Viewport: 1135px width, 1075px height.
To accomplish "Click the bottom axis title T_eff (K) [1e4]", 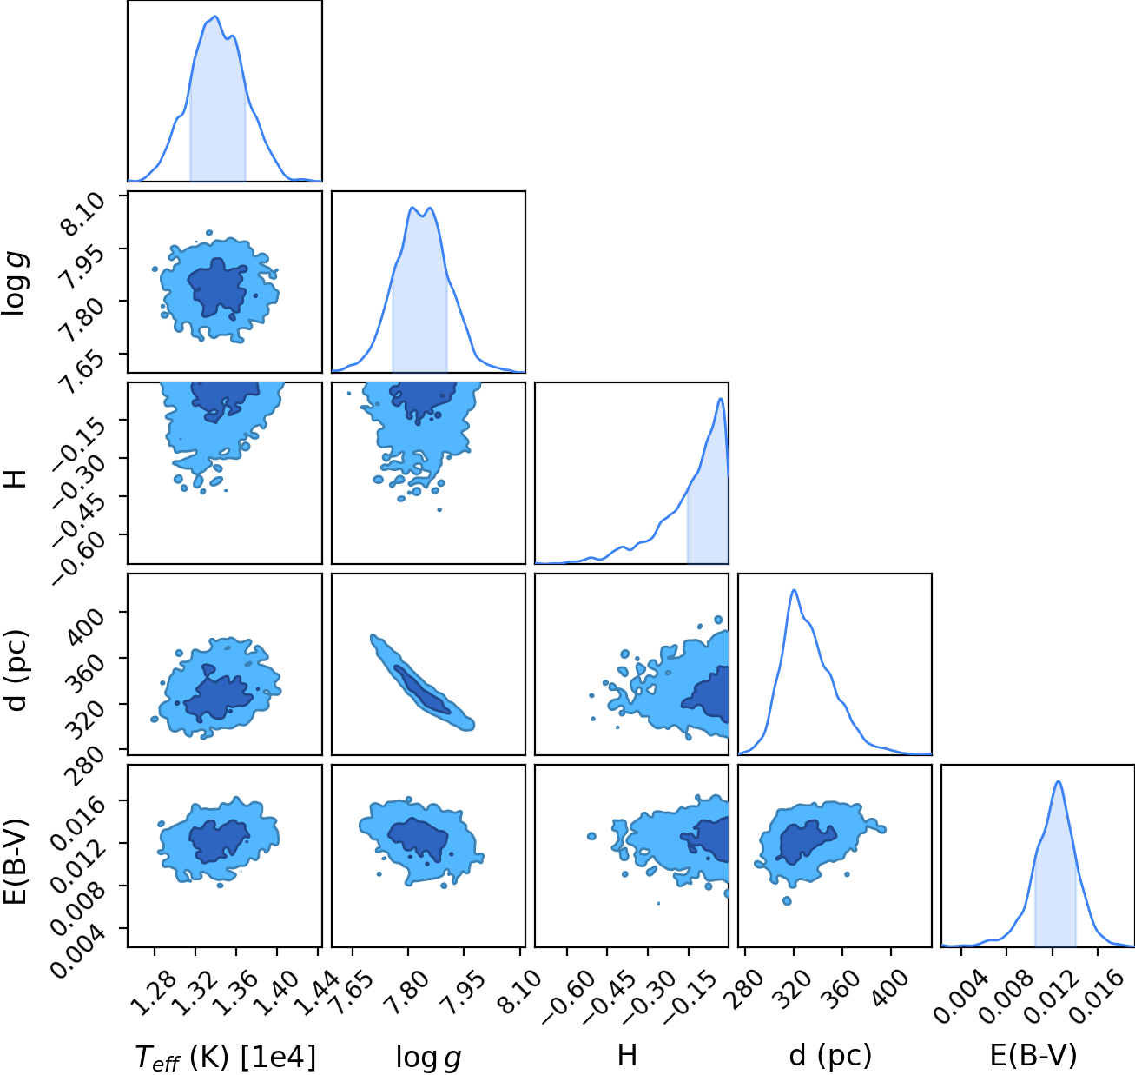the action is click(226, 1057).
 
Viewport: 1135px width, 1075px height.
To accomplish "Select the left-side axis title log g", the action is click(15, 284).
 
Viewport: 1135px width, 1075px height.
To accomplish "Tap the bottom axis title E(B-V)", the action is click(1033, 1055).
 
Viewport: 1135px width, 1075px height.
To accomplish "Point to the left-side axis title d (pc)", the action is click(16, 669).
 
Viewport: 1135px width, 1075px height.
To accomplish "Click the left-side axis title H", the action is click(16, 479).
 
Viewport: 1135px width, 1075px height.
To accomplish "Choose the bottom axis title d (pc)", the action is click(830, 1056).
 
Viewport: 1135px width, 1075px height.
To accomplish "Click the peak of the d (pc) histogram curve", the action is click(795, 590).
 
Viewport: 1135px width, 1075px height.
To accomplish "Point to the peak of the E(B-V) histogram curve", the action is click(1059, 781).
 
